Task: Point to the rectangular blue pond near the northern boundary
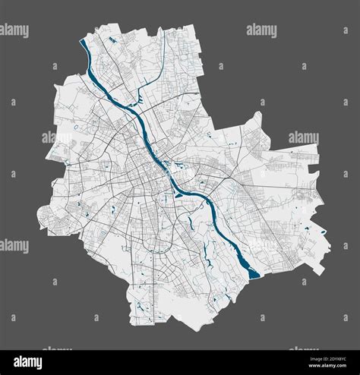click(x=112, y=38)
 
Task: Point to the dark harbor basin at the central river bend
click(x=179, y=194)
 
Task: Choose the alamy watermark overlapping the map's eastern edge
click(x=304, y=137)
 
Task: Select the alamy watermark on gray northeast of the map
click(x=261, y=30)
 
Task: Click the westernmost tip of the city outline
click(x=37, y=225)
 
